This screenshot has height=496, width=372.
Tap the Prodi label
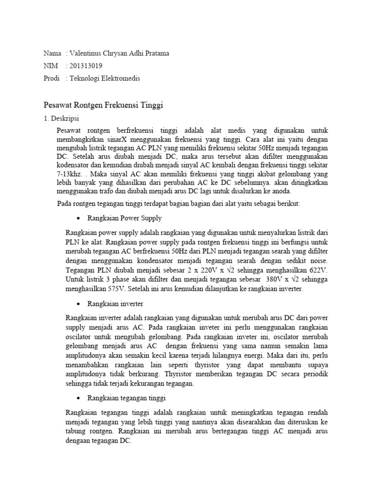[x=51, y=78]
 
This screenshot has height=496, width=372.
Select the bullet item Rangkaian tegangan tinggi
[x=126, y=398]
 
